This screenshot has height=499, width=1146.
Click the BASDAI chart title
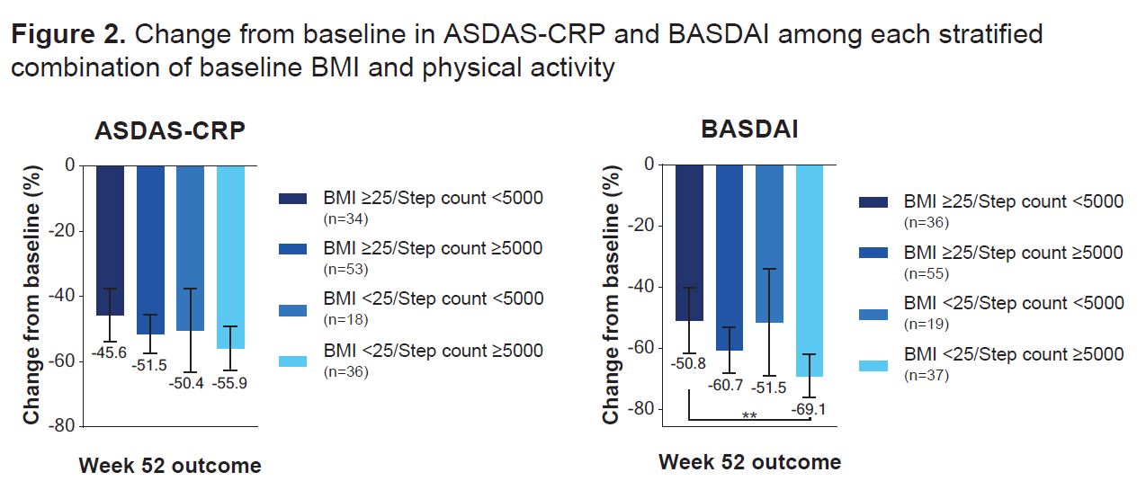click(749, 130)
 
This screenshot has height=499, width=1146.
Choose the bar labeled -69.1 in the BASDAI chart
click(810, 270)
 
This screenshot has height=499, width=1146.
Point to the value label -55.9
click(230, 382)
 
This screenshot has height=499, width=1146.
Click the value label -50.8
click(689, 364)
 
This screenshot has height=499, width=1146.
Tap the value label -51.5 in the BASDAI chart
click(770, 388)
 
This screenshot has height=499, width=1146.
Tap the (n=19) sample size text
click(926, 324)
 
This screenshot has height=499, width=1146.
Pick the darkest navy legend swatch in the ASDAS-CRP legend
click(292, 199)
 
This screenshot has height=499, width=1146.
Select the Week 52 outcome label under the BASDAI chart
click(749, 462)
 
